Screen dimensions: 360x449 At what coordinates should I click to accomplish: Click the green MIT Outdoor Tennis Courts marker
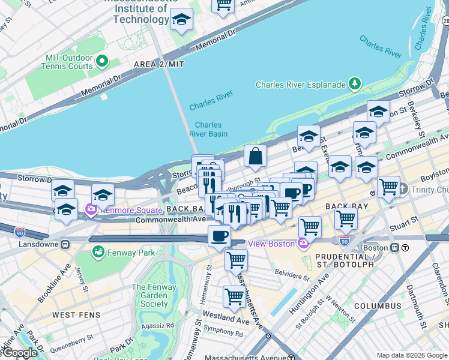pos(101,61)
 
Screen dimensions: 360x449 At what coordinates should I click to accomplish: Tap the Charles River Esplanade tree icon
pos(356,84)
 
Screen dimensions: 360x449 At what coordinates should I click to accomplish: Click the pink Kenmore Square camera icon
pos(91,210)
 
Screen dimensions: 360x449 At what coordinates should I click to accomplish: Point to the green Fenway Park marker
pos(98,253)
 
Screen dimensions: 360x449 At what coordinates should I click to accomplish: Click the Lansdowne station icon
pos(64,244)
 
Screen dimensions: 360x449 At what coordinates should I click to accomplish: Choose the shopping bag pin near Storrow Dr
pos(255,157)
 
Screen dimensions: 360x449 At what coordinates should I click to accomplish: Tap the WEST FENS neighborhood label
pos(75,314)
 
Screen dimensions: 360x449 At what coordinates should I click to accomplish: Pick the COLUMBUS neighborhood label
pos(377,306)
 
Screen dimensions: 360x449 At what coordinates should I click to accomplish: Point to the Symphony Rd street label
pos(223,331)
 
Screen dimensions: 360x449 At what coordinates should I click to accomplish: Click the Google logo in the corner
pos(19,353)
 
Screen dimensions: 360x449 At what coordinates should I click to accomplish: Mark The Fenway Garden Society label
pos(154,296)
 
